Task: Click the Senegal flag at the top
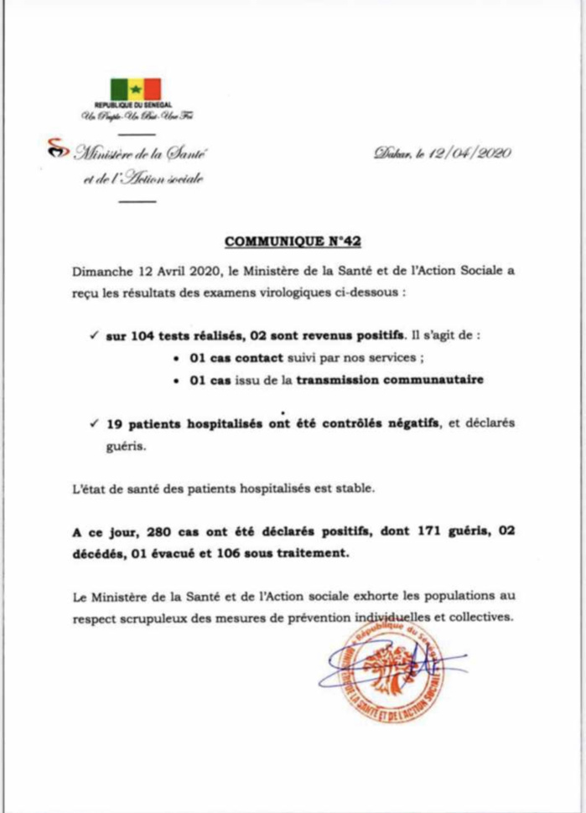click(x=135, y=89)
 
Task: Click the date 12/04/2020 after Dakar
click(x=471, y=153)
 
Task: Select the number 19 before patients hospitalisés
click(x=115, y=426)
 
